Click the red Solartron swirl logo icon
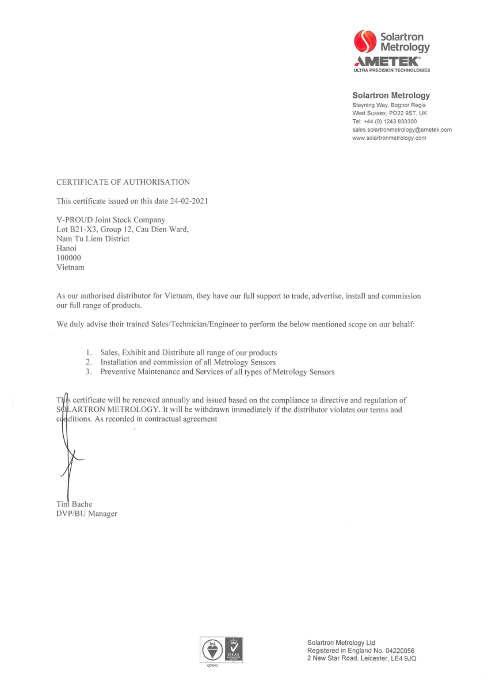click(x=365, y=43)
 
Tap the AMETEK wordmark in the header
click(x=387, y=61)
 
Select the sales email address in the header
click(x=401, y=130)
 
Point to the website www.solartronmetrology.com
click(x=388, y=138)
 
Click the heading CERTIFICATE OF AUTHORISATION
click(x=123, y=183)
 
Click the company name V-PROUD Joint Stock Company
click(x=110, y=219)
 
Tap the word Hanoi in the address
click(x=66, y=248)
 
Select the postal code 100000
click(x=68, y=257)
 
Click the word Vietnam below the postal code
click(x=70, y=267)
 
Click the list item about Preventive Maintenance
click(x=217, y=372)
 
